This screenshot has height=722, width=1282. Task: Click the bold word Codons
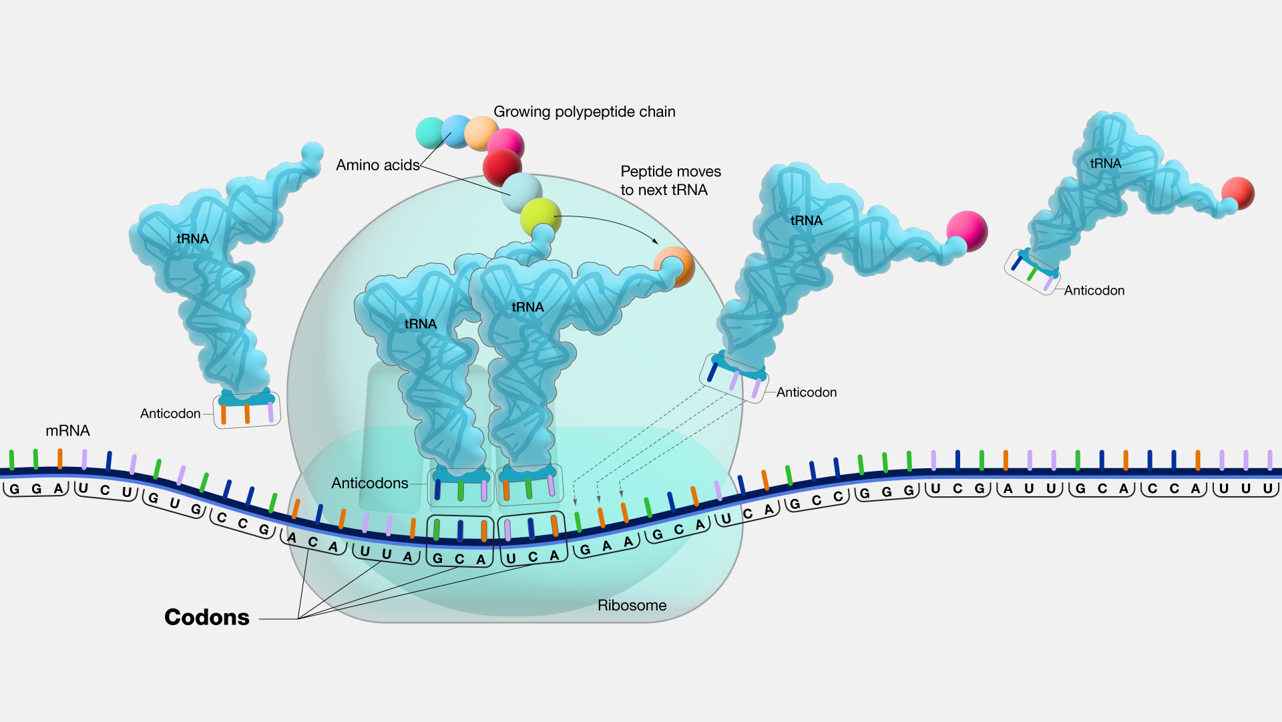pyautogui.click(x=207, y=617)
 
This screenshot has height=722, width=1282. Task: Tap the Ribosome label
pyautogui.click(x=632, y=605)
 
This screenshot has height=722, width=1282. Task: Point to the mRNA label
pyautogui.click(x=67, y=431)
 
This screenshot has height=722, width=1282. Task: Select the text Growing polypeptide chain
pyautogui.click(x=584, y=112)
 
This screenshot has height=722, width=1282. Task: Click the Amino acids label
pyautogui.click(x=378, y=165)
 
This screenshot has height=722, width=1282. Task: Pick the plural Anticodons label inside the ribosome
pyautogui.click(x=370, y=483)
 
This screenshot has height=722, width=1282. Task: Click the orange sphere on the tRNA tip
pyautogui.click(x=674, y=267)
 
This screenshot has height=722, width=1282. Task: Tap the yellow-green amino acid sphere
pyautogui.click(x=540, y=217)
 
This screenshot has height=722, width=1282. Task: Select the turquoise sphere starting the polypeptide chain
pyautogui.click(x=431, y=132)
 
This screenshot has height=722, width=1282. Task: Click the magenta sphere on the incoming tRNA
pyautogui.click(x=967, y=231)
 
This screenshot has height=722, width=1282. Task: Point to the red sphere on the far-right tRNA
pyautogui.click(x=1239, y=194)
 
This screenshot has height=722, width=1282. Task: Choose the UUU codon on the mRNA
pyautogui.click(x=1246, y=488)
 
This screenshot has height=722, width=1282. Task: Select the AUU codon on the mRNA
pyautogui.click(x=1030, y=488)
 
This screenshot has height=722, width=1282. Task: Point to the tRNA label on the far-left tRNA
pyautogui.click(x=192, y=238)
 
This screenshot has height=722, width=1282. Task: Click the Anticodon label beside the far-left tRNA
pyautogui.click(x=170, y=413)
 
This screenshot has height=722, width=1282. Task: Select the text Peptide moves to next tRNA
pyautogui.click(x=671, y=180)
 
